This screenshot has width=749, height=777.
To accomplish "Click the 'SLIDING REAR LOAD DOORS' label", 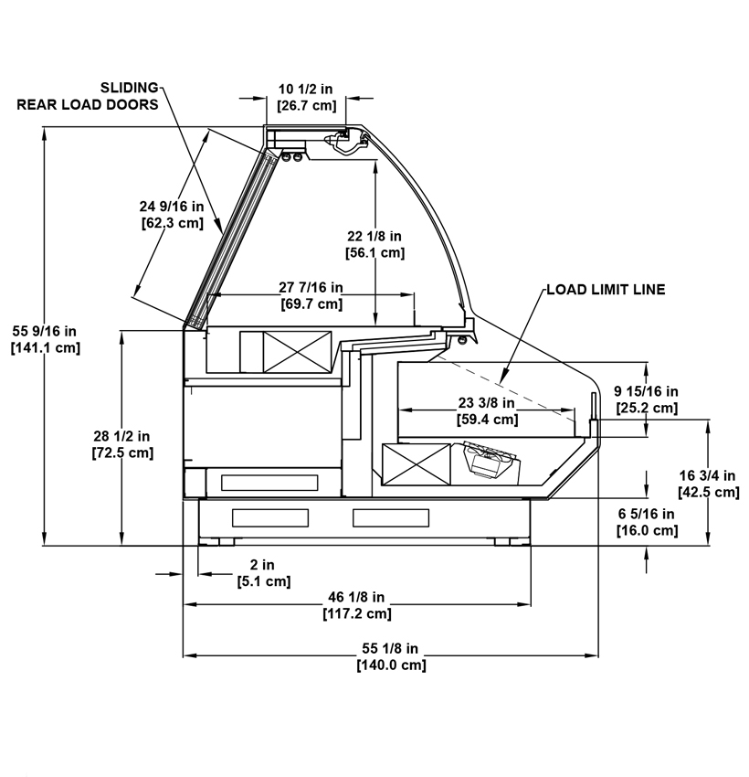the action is (88, 96).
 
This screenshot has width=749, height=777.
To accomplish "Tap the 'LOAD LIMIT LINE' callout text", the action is (606, 290).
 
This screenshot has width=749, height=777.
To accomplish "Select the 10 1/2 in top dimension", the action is (306, 97).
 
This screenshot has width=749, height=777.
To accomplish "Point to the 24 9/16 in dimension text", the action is (172, 214).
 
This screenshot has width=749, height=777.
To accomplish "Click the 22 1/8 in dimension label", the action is (374, 244).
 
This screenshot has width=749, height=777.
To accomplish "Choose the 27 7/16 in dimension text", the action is (311, 295).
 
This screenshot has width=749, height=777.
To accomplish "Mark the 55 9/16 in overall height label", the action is (45, 339).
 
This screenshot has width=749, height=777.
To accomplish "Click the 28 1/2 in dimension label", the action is (122, 444).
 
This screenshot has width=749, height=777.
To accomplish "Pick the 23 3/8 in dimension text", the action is (487, 410).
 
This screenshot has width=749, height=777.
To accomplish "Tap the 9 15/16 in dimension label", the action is (647, 399).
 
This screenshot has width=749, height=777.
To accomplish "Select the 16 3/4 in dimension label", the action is (709, 484).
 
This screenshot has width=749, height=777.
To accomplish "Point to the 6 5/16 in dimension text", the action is (647, 522).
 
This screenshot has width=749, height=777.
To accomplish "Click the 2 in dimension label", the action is (263, 572).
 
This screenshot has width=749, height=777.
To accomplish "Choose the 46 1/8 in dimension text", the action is (357, 605).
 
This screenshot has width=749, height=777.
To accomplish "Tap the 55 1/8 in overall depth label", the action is (391, 656).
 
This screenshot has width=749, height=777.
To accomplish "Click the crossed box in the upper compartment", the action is (297, 352).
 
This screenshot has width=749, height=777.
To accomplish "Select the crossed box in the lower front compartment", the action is (417, 464).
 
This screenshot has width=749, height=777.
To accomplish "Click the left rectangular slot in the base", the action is (270, 517).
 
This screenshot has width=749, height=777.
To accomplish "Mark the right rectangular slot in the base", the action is (391, 517).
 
